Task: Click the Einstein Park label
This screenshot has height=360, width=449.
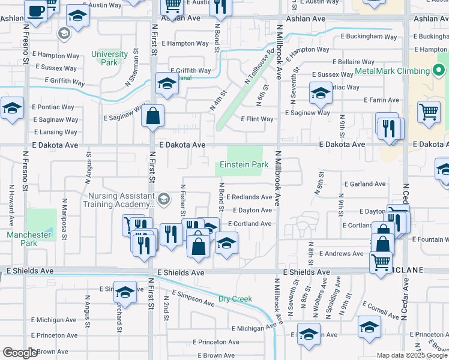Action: click(244, 164)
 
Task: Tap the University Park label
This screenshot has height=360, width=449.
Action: click(109, 58)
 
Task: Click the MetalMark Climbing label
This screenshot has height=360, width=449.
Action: click(392, 71)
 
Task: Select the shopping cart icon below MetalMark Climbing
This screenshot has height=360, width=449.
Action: click(429, 112)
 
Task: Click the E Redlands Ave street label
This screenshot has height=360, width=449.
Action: click(249, 197)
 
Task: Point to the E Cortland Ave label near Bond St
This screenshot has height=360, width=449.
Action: click(250, 224)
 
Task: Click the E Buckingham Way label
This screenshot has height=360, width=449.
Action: click(369, 37)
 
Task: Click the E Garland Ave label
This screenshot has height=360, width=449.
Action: click(364, 184)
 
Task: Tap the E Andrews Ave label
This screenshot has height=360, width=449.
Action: click(341, 254)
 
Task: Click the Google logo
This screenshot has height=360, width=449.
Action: click(20, 353)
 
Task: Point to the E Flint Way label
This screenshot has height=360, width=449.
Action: click(257, 119)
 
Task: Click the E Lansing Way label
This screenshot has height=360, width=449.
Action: click(56, 132)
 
